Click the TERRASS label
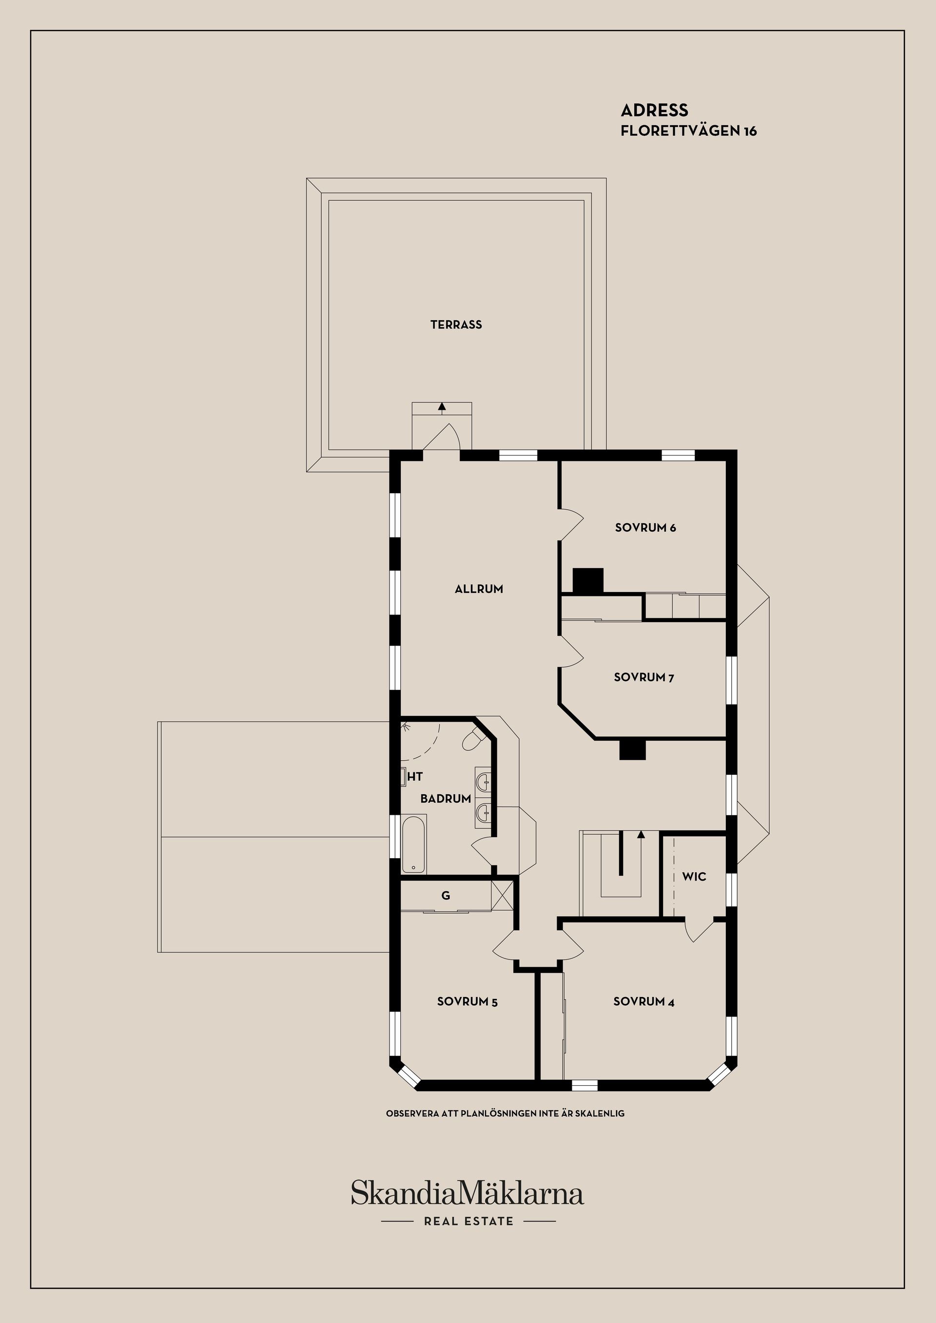tap(456, 325)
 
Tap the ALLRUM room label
tap(478, 589)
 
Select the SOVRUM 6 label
tap(645, 527)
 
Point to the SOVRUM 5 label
tap(467, 1001)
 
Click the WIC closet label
tap(693, 877)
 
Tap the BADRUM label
tap(446, 799)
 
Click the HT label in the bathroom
tap(415, 777)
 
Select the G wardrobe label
tap(446, 896)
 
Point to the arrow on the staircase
tap(641, 834)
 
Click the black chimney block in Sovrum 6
tap(588, 580)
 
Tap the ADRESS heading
tap(654, 110)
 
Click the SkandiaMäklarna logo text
tap(468, 1193)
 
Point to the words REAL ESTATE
tap(468, 1221)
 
